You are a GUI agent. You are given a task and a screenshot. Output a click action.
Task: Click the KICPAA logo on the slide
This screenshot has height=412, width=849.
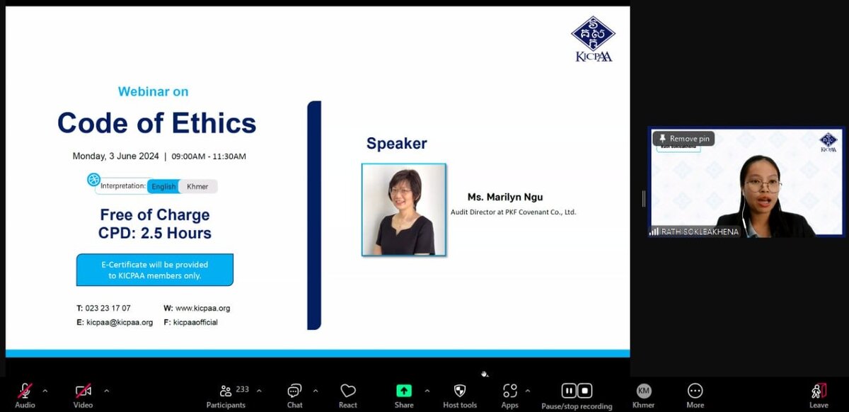[x=593, y=39]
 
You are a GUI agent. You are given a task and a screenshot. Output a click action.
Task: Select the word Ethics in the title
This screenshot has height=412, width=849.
[x=214, y=123]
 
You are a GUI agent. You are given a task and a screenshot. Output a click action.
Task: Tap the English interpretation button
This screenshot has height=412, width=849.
[x=163, y=186]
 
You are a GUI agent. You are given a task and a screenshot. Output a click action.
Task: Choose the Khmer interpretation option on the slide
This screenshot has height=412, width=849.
[x=198, y=186]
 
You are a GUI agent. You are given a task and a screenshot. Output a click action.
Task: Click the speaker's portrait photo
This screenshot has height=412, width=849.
[x=404, y=210]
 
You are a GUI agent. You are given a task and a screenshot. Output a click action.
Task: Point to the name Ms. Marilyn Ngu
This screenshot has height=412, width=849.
[x=505, y=197]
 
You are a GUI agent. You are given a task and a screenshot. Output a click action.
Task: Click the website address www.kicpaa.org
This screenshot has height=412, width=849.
[x=202, y=308]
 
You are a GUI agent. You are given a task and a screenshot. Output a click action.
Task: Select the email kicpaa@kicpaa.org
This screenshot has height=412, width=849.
[x=120, y=322]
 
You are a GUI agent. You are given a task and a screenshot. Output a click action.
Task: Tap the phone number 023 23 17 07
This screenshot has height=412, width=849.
[x=108, y=308]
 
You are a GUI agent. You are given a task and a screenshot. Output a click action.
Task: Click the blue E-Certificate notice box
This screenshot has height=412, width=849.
[x=155, y=270]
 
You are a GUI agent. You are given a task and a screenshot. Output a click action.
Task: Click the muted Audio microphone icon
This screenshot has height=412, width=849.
[x=25, y=391]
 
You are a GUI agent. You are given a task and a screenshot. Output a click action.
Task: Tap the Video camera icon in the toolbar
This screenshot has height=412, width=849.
[x=83, y=391]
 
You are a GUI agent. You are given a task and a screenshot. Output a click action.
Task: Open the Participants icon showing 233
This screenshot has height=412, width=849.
[x=226, y=391]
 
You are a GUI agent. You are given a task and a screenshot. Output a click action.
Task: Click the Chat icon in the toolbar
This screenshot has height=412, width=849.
[x=294, y=391]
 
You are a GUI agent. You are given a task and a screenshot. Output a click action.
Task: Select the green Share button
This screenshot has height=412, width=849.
[x=404, y=391]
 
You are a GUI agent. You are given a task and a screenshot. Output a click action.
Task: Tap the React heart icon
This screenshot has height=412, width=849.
[x=348, y=391]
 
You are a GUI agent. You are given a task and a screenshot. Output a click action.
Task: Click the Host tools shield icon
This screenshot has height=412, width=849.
[x=460, y=391]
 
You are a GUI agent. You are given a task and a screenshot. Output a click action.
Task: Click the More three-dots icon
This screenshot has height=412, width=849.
[x=695, y=391]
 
